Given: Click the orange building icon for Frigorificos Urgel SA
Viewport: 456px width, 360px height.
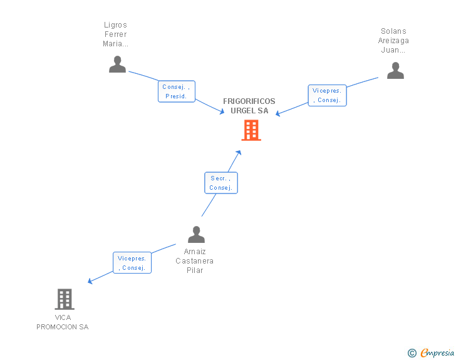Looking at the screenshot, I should point(251,130).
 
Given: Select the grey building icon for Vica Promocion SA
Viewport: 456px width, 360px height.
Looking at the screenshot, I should point(65,299).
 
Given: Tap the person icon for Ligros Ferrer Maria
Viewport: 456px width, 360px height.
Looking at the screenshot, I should point(117,64).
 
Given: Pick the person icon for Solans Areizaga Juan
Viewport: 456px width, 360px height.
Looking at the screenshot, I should point(395,71).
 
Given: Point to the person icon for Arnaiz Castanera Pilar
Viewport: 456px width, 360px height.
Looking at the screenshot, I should point(196,235).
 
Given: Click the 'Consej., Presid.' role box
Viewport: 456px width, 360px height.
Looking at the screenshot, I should point(177,91).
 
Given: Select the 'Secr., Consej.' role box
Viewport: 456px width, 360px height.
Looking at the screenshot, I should point(221,183).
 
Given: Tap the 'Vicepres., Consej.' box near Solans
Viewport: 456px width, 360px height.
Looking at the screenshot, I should point(327,95).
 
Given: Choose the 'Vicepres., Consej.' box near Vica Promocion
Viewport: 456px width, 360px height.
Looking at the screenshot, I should point(132,263).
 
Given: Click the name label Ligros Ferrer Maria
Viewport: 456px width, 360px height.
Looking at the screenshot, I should point(115,34).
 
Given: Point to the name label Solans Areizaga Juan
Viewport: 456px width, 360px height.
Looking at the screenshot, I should point(393,41).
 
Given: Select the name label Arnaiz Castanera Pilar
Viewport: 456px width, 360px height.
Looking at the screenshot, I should point(195,261).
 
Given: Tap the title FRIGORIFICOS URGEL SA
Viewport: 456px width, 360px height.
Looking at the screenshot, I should point(249,106).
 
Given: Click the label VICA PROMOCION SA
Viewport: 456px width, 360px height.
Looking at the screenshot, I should point(63,322).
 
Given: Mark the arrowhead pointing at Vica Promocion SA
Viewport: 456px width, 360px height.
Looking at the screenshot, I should point(90,282).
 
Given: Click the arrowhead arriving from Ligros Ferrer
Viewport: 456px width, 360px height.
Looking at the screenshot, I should point(222,111).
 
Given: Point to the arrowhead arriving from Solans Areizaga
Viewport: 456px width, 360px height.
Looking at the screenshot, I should point(279,114).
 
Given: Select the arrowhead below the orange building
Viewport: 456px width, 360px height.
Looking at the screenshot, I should point(238,152).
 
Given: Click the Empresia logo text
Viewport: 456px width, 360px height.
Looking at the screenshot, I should point(437,352).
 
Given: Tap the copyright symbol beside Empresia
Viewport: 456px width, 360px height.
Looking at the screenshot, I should point(412,353).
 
